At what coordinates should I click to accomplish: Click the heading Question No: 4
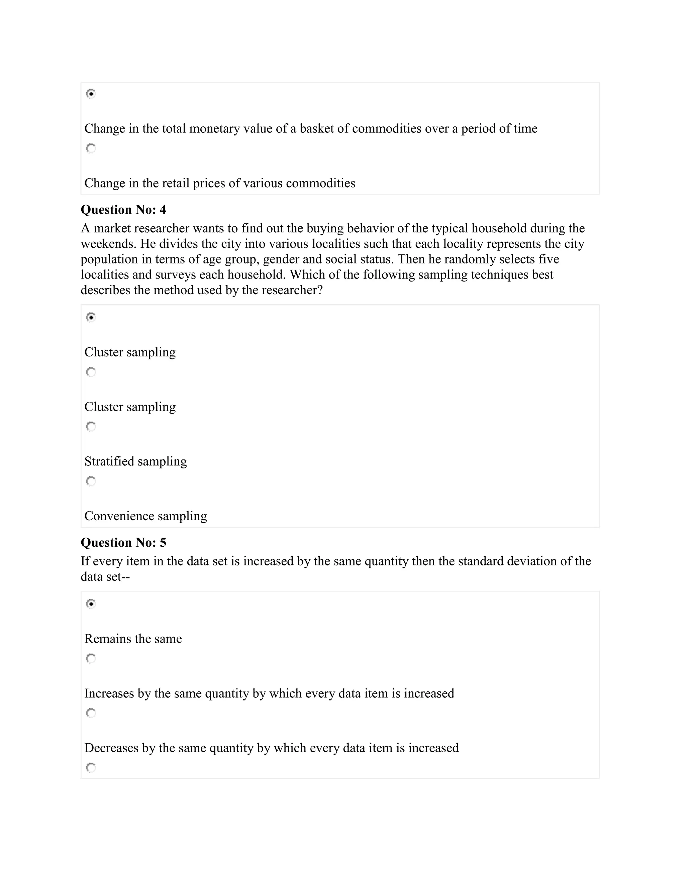(123, 210)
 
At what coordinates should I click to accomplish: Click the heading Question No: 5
(123, 542)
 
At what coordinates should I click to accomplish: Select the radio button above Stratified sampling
(91, 426)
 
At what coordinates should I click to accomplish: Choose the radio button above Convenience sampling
(91, 481)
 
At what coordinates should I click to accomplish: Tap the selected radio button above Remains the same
(91, 603)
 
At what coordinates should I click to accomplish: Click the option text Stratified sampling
(135, 461)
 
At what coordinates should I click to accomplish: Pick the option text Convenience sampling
(145, 516)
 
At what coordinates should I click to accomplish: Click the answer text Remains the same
(133, 639)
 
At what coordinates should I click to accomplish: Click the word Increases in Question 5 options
(109, 693)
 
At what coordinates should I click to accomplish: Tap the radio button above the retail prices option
(91, 148)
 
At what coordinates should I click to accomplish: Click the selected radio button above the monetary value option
(91, 94)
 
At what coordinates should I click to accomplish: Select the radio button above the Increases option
(91, 658)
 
